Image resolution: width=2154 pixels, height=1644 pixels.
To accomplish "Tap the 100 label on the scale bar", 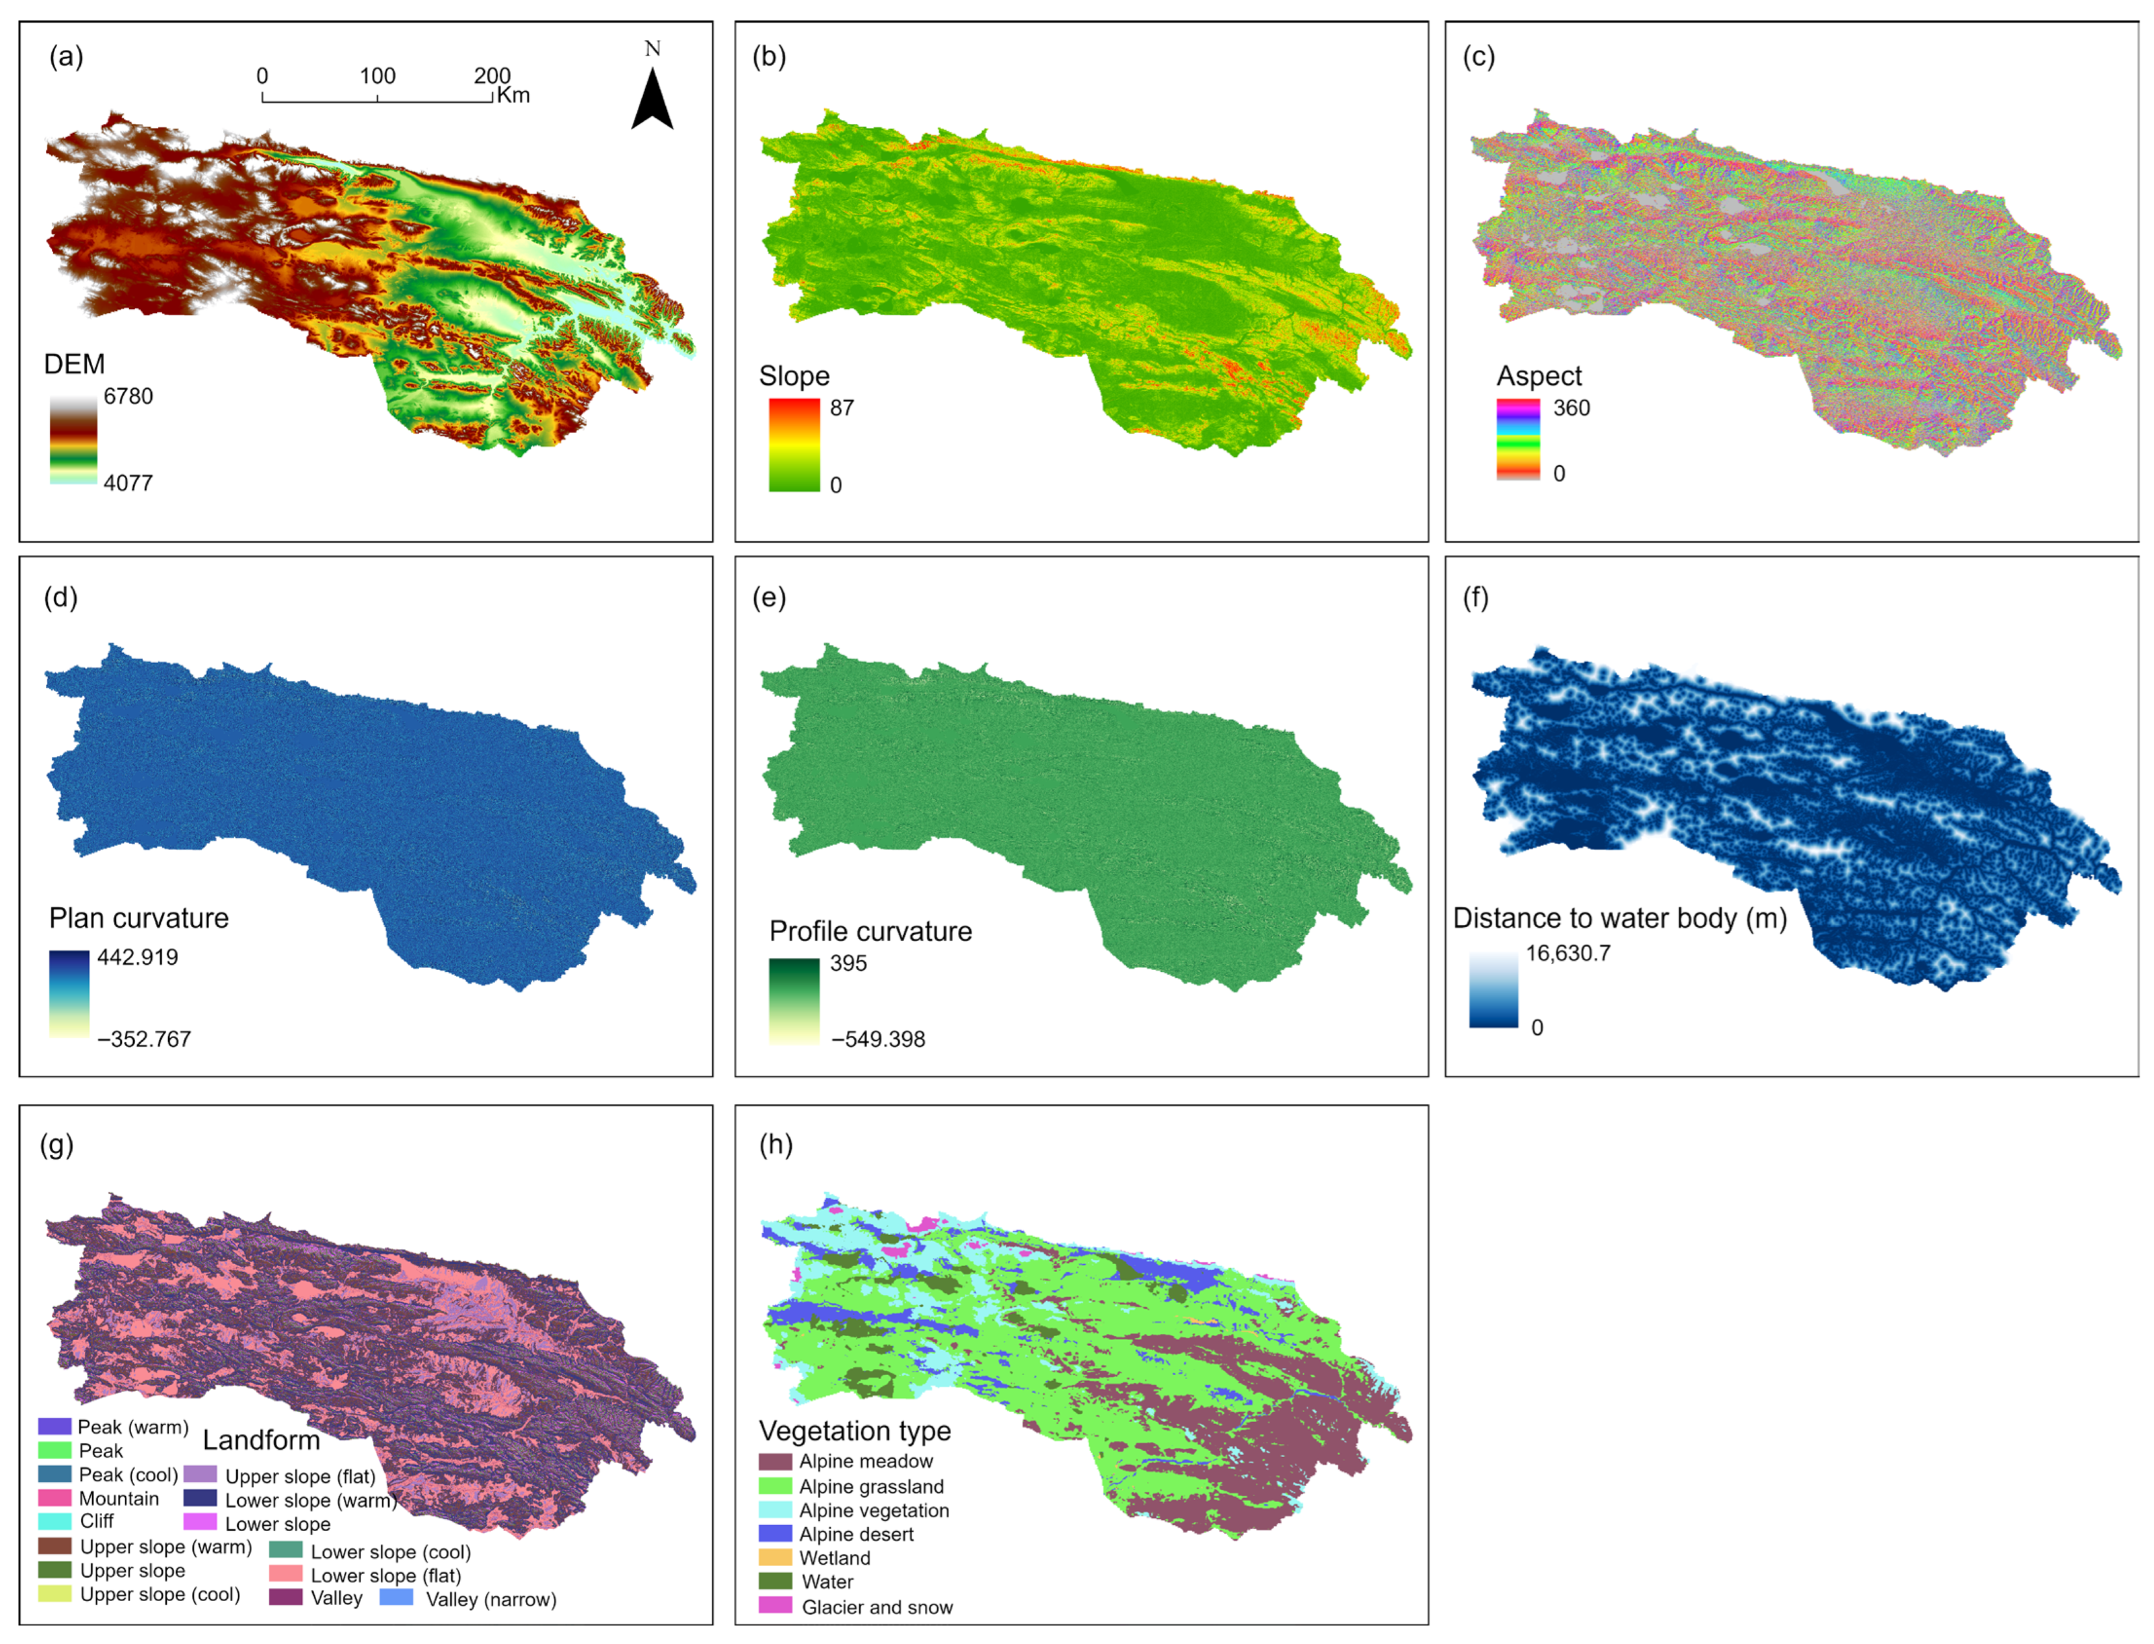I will tap(378, 77).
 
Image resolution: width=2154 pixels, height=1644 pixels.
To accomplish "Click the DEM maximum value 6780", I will tap(128, 396).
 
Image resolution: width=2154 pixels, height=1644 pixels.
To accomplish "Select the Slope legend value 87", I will tap(841, 408).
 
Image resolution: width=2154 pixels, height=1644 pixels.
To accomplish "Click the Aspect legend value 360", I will tap(1571, 408).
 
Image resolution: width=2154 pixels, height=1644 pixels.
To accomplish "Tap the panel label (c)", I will tap(1478, 56).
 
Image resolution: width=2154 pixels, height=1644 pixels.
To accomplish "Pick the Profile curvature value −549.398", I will tap(877, 1040).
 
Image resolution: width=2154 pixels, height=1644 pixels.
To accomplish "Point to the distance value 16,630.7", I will tap(1567, 953).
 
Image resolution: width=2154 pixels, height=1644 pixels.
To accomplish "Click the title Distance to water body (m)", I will tap(1619, 918).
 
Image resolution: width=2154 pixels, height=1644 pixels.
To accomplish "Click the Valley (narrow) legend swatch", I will tap(396, 1598).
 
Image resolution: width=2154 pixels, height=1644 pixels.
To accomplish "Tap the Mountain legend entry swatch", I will tap(55, 1498).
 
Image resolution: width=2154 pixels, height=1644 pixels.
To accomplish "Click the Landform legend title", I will tap(261, 1441).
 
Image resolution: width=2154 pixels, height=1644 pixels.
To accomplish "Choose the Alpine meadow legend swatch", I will tap(775, 1462).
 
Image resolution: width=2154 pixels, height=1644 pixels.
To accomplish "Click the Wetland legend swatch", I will tap(775, 1558).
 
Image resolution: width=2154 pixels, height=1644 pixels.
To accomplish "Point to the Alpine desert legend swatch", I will tap(775, 1534).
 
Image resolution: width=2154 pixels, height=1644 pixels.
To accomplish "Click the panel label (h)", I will tap(776, 1145).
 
